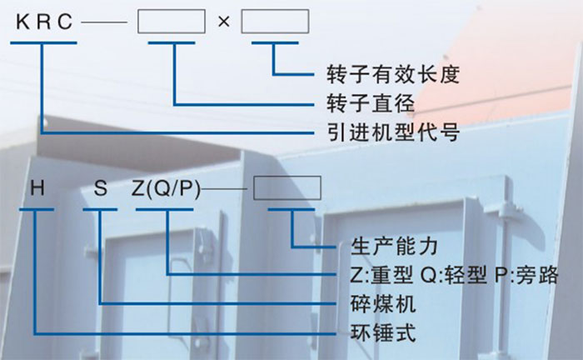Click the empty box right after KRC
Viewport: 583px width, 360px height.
pos(171,21)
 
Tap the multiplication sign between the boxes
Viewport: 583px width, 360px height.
pos(222,22)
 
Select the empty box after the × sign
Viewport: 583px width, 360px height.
pos(274,21)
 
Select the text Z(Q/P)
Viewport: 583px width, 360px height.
pos(167,188)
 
